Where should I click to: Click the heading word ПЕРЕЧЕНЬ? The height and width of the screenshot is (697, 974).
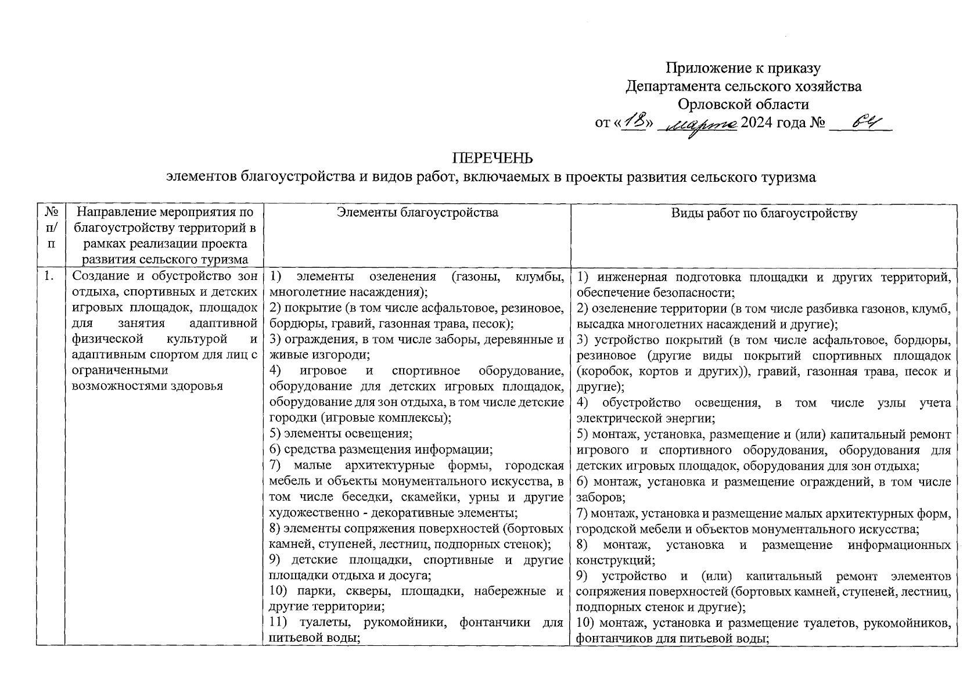click(491, 159)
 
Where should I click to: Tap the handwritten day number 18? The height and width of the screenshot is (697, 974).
click(634, 123)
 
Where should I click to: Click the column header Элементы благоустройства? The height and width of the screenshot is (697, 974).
click(417, 213)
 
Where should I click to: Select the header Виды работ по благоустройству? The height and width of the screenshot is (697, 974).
click(764, 213)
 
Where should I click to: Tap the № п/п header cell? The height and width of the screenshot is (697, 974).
click(51, 228)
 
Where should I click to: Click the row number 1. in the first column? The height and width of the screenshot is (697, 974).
click(49, 277)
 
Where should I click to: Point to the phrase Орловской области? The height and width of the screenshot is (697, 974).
click(743, 105)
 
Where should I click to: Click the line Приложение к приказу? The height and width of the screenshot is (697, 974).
click(743, 69)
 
